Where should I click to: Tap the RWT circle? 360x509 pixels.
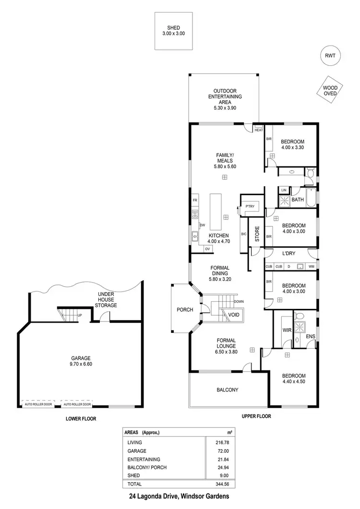[x=330, y=56]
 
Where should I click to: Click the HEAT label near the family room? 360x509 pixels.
[x=259, y=130]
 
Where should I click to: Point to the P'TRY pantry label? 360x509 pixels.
[x=250, y=207]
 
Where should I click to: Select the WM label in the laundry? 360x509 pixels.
[x=312, y=266]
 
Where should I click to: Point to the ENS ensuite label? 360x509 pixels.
[x=311, y=336]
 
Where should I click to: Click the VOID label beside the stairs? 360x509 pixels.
[x=234, y=315]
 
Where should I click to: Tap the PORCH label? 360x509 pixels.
[x=184, y=309]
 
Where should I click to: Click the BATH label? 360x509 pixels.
[x=298, y=200]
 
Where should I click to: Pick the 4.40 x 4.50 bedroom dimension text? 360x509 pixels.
[x=293, y=382]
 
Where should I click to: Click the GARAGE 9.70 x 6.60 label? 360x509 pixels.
[x=81, y=361]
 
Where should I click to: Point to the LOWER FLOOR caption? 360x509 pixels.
[x=81, y=418]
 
